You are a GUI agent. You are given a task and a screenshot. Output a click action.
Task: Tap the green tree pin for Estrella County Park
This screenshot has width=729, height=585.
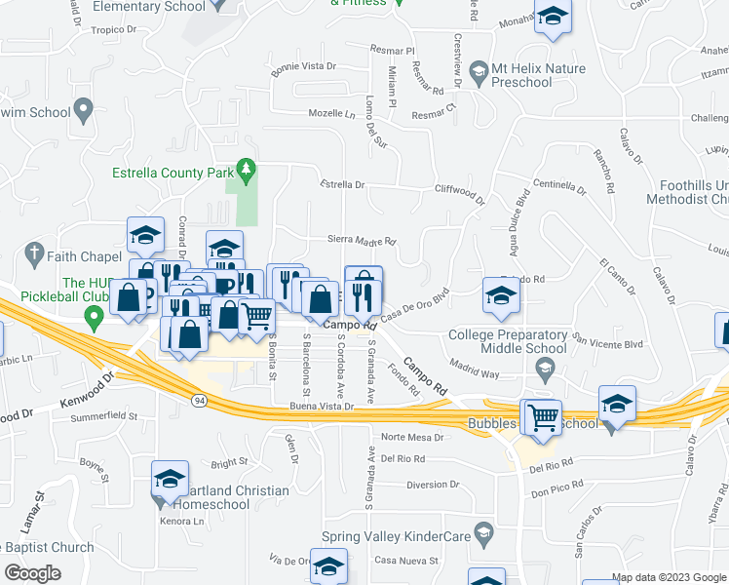click(246, 170)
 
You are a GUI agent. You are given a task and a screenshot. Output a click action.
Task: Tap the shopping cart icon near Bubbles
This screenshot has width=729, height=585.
click(542, 417)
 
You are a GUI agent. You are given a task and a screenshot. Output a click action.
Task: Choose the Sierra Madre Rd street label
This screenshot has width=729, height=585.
click(360, 242)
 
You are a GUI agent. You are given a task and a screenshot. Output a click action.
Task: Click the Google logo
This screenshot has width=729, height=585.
click(32, 573)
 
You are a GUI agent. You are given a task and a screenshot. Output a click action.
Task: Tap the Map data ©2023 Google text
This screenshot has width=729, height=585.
click(667, 577)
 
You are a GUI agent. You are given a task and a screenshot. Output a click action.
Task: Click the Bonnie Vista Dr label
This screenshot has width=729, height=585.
click(303, 67)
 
